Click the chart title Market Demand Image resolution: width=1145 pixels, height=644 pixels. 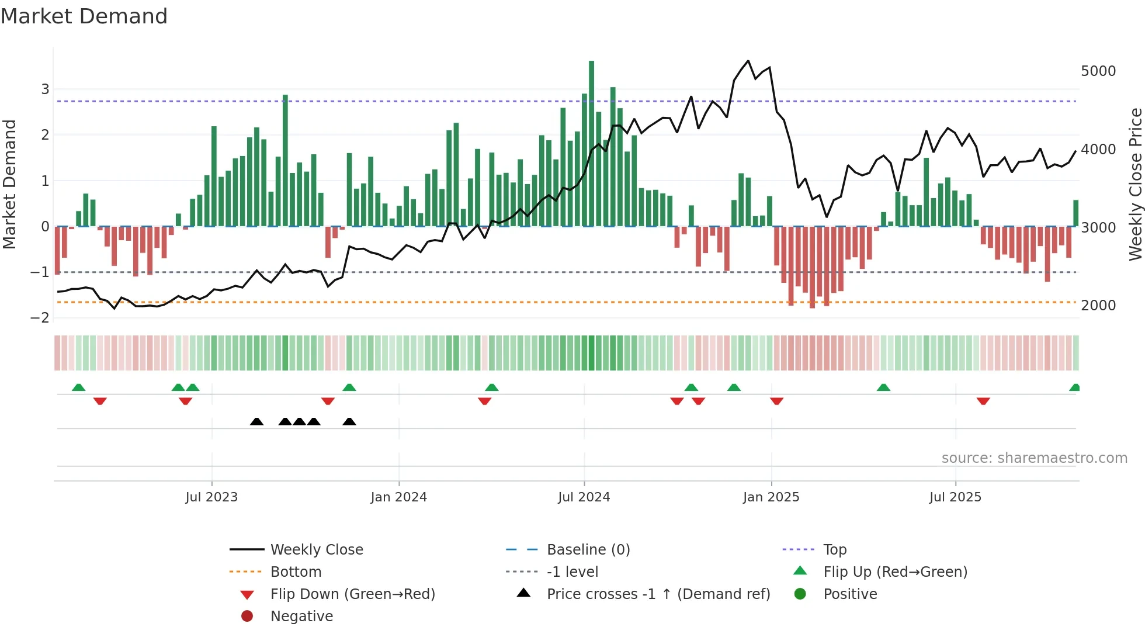point(84,16)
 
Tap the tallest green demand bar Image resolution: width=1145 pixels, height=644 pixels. point(591,143)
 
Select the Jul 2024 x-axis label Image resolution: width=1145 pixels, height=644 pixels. point(584,497)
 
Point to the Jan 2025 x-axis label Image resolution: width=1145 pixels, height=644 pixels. point(771,497)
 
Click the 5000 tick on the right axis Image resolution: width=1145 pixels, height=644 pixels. point(1098,71)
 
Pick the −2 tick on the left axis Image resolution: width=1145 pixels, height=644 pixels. point(40,317)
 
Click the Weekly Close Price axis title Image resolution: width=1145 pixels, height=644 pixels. point(1135,184)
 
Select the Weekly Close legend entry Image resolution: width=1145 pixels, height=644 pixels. point(316,549)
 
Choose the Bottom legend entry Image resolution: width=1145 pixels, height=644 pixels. point(296,572)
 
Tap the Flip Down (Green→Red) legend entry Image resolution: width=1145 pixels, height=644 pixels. point(352,594)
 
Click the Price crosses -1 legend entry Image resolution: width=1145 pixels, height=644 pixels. point(658,594)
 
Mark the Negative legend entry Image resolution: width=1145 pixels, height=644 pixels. point(301,616)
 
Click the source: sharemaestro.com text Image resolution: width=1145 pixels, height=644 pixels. point(1034,458)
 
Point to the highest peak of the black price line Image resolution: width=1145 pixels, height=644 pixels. point(748,61)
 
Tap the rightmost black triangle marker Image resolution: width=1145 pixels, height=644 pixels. point(349,421)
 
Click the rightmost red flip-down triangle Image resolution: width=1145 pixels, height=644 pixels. point(983,401)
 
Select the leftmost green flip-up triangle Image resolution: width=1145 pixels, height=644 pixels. point(78,387)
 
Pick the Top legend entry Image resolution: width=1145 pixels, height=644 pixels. point(834,549)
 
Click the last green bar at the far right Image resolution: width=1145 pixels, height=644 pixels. point(1075,213)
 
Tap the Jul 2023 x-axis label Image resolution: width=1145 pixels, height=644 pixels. point(211,497)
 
